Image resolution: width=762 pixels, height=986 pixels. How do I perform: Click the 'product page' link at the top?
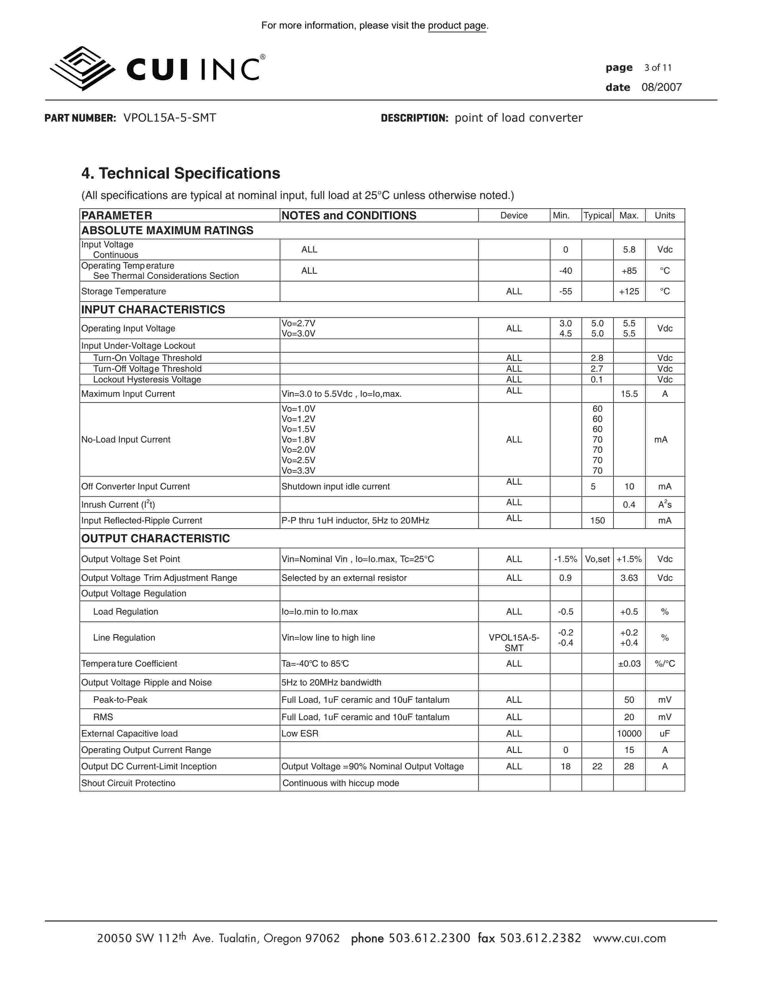(x=457, y=26)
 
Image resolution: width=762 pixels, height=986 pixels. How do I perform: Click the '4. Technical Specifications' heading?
(x=180, y=173)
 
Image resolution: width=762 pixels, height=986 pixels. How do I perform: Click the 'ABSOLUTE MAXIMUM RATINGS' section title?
(x=167, y=230)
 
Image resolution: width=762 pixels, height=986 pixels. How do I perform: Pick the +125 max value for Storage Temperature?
(x=629, y=291)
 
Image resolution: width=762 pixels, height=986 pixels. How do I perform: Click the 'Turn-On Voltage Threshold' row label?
(x=147, y=358)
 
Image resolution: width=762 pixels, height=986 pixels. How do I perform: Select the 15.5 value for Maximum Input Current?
(x=629, y=394)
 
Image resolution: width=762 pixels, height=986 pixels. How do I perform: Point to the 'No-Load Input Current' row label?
(x=126, y=439)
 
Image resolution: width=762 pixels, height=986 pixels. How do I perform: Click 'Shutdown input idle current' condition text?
(x=335, y=486)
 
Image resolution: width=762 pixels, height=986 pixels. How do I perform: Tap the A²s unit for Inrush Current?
(x=665, y=504)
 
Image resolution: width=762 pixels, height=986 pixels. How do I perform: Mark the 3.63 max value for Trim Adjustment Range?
(x=629, y=578)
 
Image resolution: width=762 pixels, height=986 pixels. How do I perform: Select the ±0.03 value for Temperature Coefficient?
(x=629, y=664)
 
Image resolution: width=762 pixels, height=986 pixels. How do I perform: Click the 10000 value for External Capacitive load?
(x=629, y=734)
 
